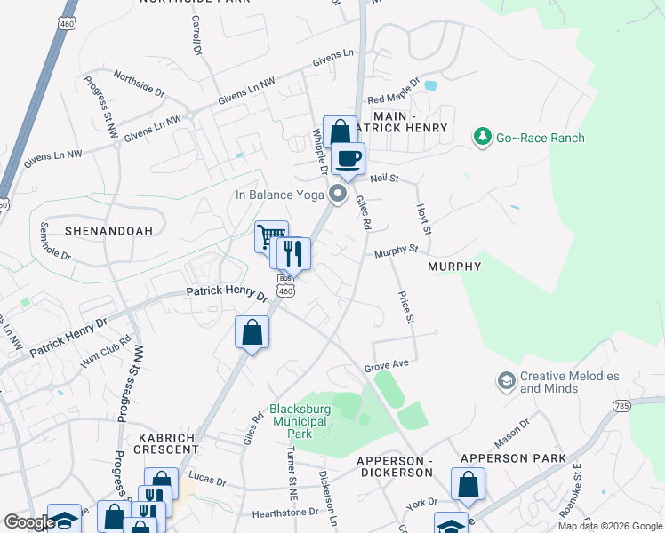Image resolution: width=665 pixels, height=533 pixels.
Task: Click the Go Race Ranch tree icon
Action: [483, 137]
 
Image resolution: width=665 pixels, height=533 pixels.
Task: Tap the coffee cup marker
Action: [349, 159]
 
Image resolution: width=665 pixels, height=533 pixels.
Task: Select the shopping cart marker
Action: [271, 237]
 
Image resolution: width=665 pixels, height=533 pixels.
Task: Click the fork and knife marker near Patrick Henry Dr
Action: [292, 254]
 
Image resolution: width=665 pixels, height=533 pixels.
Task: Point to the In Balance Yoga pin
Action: [337, 194]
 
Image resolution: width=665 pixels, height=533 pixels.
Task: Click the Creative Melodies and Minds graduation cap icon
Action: [506, 382]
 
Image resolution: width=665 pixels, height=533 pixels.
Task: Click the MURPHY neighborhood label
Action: [453, 266]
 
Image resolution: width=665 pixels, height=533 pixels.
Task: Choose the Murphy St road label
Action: [396, 251]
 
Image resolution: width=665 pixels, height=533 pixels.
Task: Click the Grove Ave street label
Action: [386, 366]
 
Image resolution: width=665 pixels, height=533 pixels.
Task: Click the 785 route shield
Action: [621, 406]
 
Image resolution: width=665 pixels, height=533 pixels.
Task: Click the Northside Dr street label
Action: [139, 84]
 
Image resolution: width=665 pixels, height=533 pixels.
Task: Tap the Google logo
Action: [28, 522]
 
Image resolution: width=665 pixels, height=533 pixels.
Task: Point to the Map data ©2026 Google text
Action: [609, 526]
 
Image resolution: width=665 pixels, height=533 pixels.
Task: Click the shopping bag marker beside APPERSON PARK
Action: [468, 485]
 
